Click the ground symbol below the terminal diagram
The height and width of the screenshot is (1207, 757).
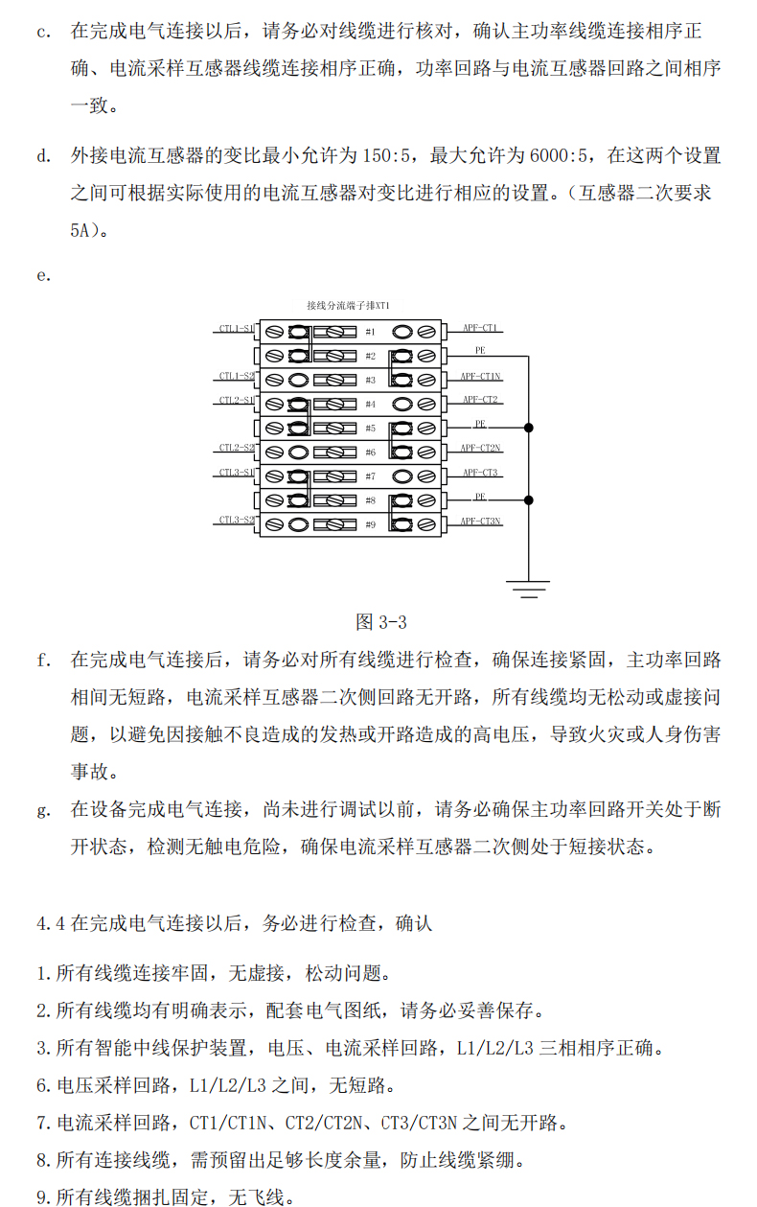(527, 587)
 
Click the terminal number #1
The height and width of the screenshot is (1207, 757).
(370, 332)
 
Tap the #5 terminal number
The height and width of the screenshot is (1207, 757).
(370, 428)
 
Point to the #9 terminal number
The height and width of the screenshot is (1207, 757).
(370, 524)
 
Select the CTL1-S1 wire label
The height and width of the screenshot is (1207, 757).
(236, 328)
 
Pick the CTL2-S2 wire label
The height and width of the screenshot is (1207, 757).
(236, 448)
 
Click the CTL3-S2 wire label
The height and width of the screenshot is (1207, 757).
(236, 520)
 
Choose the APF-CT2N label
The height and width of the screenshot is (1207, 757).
(480, 448)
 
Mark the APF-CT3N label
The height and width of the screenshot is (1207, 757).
(480, 521)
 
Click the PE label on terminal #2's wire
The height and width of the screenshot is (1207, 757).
(480, 351)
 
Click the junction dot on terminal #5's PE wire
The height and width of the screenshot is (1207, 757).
(527, 428)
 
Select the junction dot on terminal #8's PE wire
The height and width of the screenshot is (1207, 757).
(527, 499)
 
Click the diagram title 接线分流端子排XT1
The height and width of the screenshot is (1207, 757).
(348, 305)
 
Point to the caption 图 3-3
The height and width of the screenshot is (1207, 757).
(381, 622)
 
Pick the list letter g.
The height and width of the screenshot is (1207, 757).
(43, 810)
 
